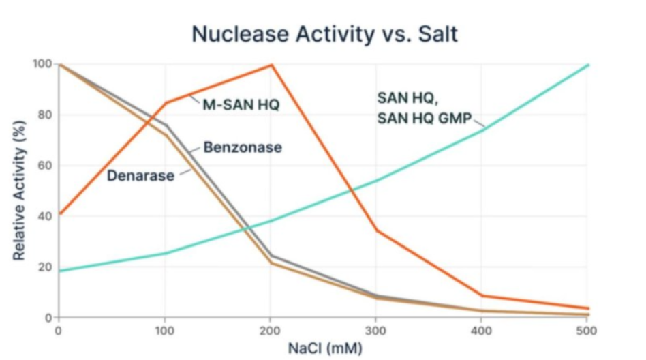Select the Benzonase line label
click(243, 147)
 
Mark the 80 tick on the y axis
click(44, 115)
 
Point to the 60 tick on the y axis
click(44, 166)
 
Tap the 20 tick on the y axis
click(44, 267)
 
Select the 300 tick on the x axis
click(376, 331)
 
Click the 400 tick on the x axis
click(482, 331)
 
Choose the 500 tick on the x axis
click(587, 331)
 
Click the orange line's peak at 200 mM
click(272, 65)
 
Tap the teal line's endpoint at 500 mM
click(588, 65)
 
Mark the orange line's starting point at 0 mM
click(59, 214)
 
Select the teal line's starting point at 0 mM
click(59, 271)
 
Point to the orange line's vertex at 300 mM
click(377, 230)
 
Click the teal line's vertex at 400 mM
click(482, 130)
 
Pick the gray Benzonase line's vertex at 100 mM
click(166, 125)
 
